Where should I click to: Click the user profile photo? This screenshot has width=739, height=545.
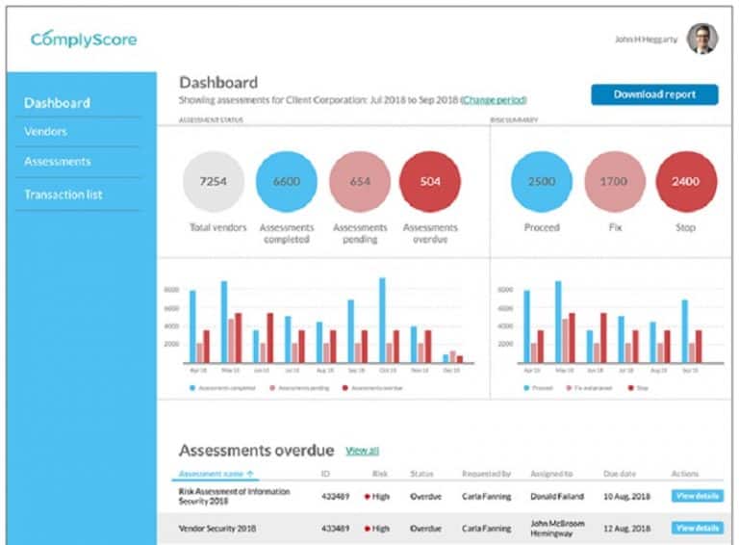pyautogui.click(x=701, y=39)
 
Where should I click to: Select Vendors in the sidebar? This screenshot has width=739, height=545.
pyautogui.click(x=45, y=131)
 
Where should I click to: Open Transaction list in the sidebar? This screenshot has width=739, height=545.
pyautogui.click(x=64, y=195)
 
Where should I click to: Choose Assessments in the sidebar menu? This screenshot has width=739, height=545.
pyautogui.click(x=58, y=162)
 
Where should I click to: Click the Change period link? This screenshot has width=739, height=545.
pyautogui.click(x=494, y=100)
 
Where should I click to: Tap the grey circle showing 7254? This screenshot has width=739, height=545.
pyautogui.click(x=214, y=181)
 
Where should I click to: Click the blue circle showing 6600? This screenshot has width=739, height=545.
pyautogui.click(x=287, y=181)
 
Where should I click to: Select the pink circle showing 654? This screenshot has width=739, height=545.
pyautogui.click(x=360, y=181)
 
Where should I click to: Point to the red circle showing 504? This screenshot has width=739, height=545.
pyautogui.click(x=430, y=181)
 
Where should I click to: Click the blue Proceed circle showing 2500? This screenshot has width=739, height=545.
pyautogui.click(x=541, y=181)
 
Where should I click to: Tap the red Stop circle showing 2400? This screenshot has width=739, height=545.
pyautogui.click(x=686, y=181)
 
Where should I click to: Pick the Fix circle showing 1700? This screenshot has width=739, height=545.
pyautogui.click(x=614, y=181)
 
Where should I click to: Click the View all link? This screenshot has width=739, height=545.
pyautogui.click(x=362, y=451)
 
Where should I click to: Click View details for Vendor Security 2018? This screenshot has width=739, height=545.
pyautogui.click(x=697, y=528)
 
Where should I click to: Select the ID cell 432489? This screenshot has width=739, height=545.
pyautogui.click(x=336, y=497)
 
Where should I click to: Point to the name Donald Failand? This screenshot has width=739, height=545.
pyautogui.click(x=556, y=497)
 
